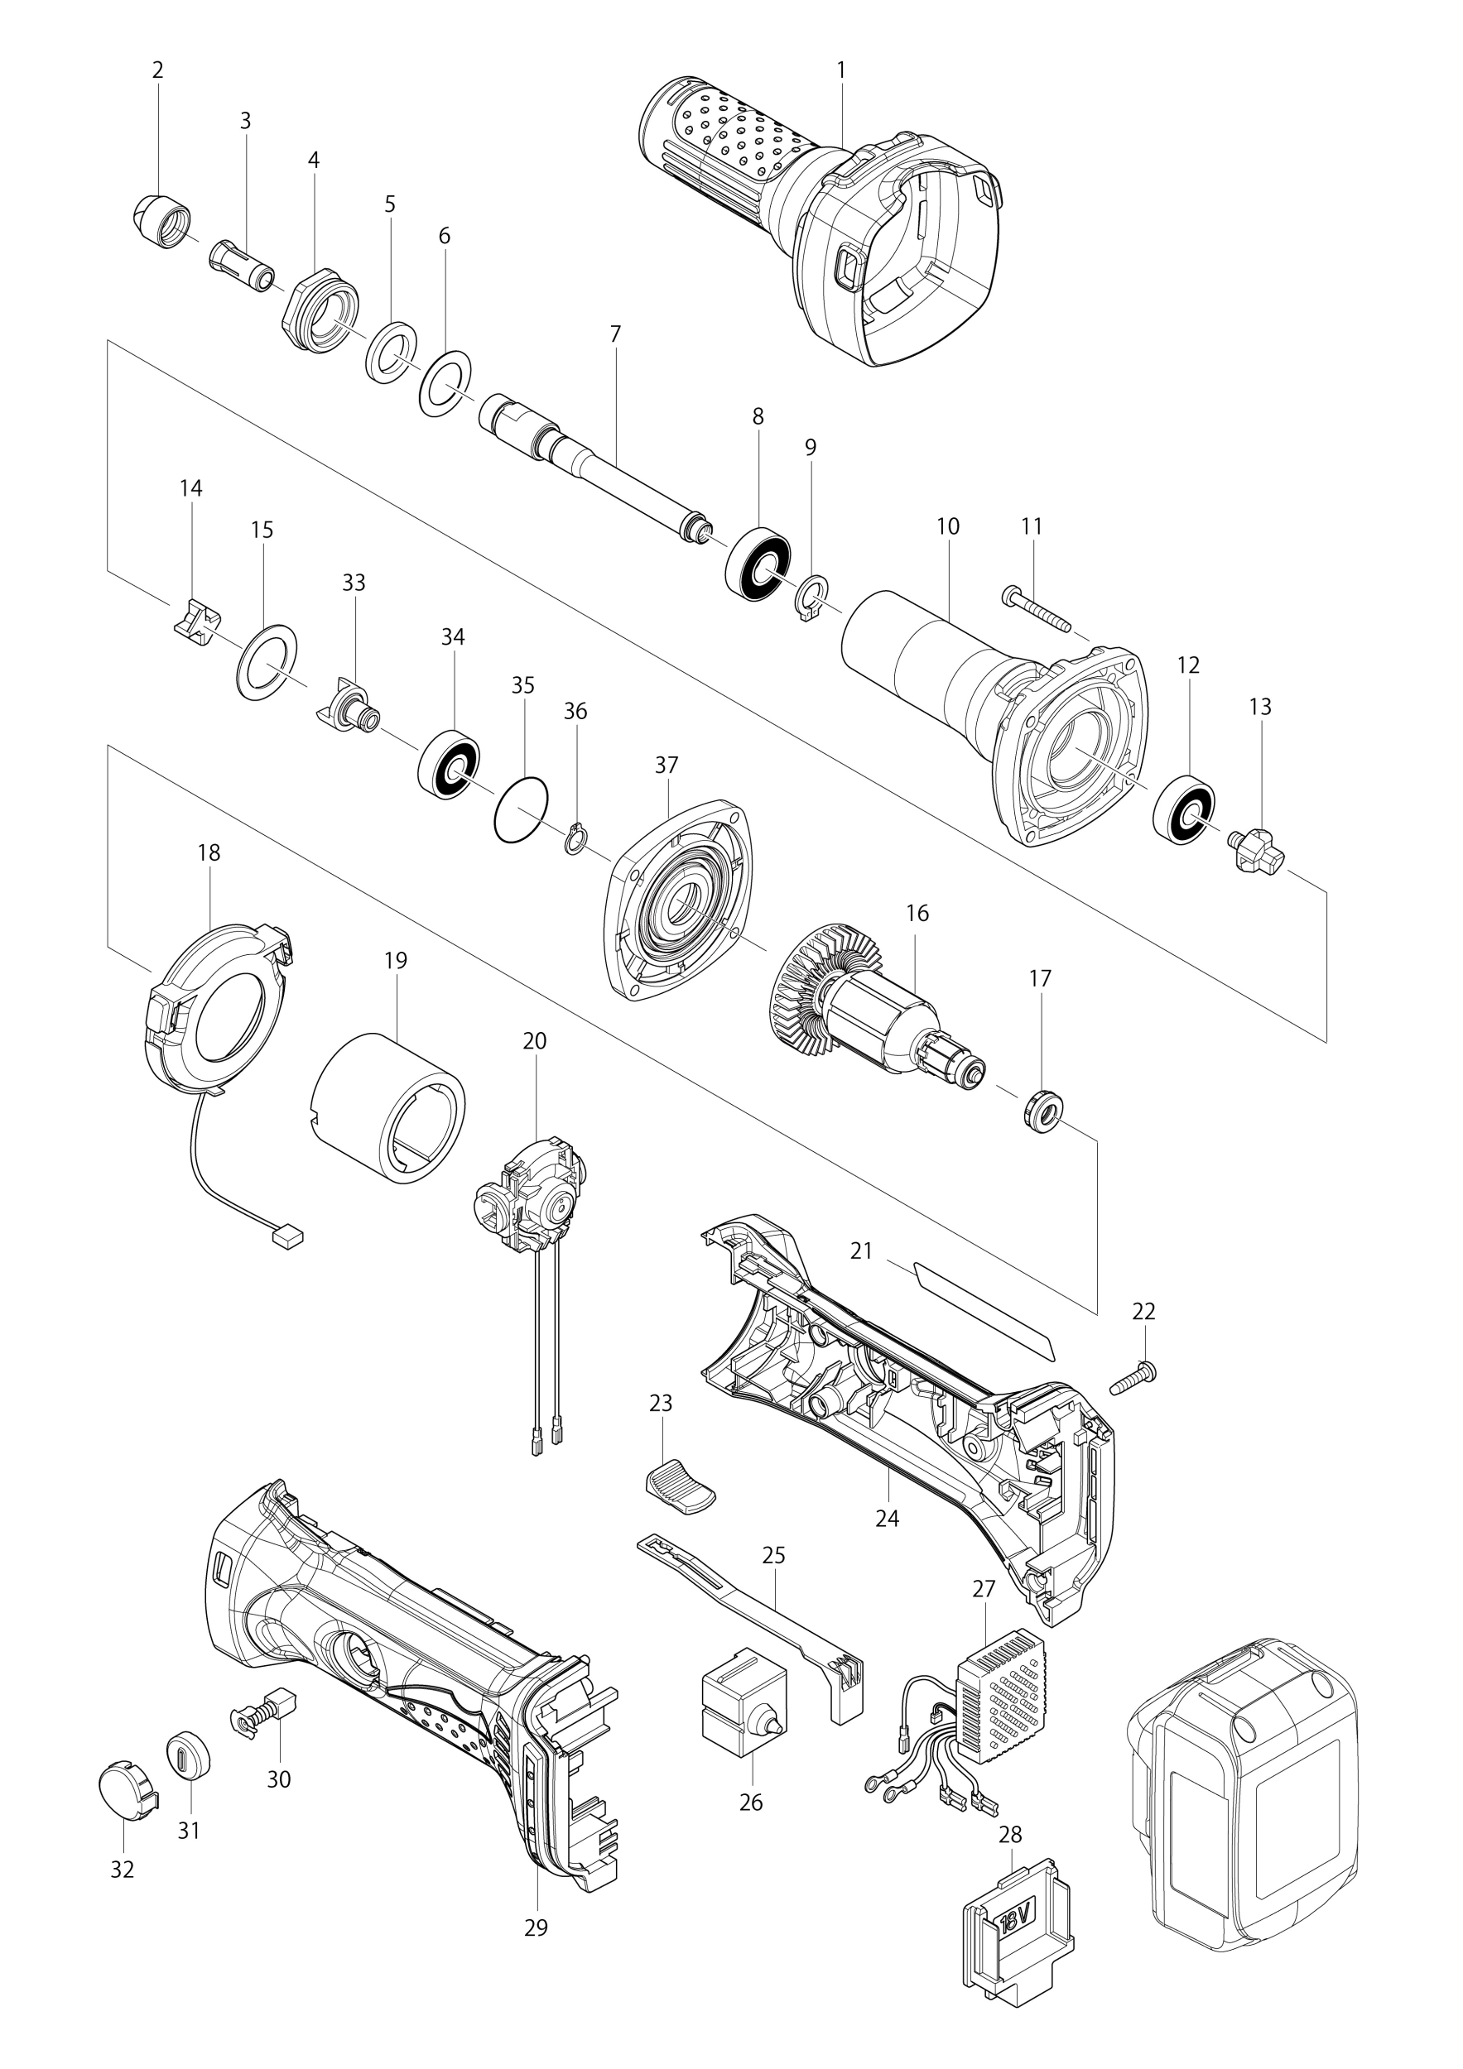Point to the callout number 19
(x=396, y=961)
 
